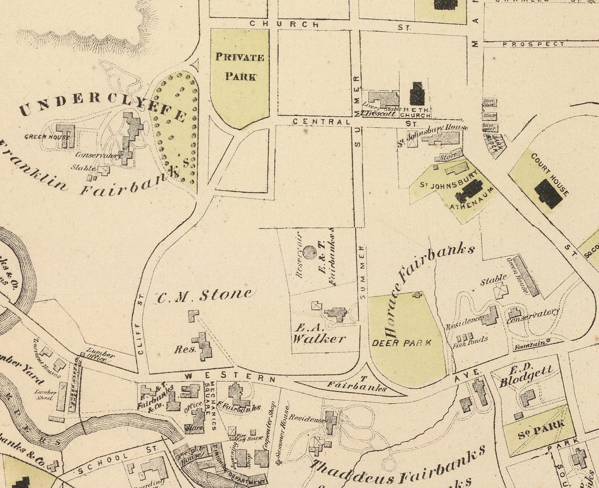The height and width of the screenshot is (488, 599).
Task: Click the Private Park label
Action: click(x=240, y=66)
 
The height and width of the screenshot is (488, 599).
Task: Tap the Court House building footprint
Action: click(x=548, y=193)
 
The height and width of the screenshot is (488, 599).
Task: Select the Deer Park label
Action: click(x=402, y=343)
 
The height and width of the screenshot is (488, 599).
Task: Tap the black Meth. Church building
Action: click(x=418, y=94)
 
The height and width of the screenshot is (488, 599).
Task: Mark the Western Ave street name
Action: click(x=230, y=377)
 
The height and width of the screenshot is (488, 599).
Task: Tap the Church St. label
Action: click(x=285, y=24)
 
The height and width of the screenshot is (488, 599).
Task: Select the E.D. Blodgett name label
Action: click(x=526, y=376)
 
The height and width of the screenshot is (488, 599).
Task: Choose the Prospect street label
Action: click(x=534, y=44)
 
